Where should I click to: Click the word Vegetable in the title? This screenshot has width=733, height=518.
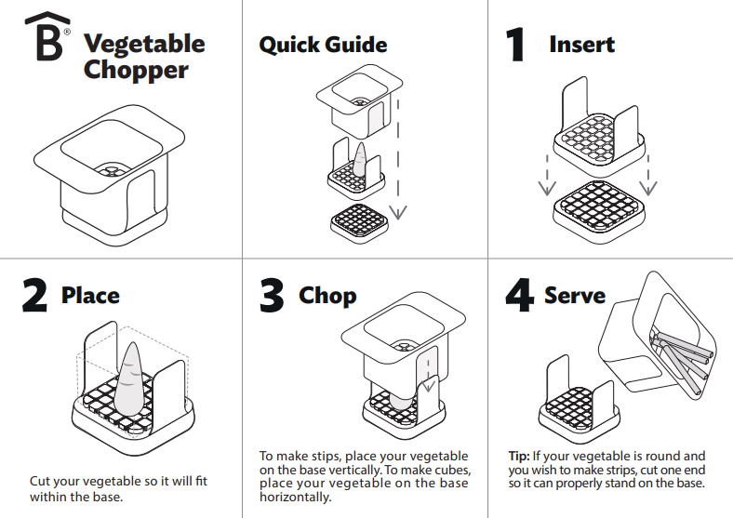[x=144, y=43]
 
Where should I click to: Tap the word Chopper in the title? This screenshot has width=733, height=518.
[x=136, y=70]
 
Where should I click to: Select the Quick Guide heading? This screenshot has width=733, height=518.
[x=323, y=45]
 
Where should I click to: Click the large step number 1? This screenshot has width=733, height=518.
[x=514, y=45]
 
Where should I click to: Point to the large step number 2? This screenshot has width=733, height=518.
[x=34, y=296]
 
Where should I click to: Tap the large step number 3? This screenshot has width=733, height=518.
[x=272, y=296]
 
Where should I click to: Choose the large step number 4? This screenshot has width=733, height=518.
[x=518, y=296]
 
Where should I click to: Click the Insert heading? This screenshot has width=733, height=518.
[x=581, y=44]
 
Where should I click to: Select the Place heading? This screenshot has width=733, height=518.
[x=90, y=296]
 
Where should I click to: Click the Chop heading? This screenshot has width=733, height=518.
[x=327, y=296]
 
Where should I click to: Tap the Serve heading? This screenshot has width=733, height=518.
[x=575, y=296]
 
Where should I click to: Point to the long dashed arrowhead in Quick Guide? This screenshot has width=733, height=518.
[x=398, y=211]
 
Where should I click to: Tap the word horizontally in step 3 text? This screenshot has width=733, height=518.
[x=295, y=498]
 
